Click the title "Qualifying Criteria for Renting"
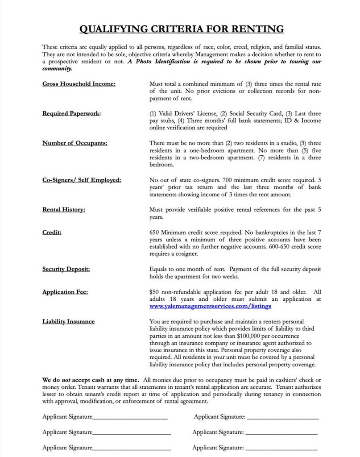(x=181, y=29)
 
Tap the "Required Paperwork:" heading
(x=71, y=113)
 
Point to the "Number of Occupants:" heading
(x=75, y=143)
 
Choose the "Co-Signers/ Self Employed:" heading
(x=82, y=180)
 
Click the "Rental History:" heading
(x=64, y=209)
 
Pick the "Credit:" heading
(x=52, y=233)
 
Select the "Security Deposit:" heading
(x=66, y=269)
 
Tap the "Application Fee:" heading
(x=65, y=292)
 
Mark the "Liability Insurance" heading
(x=68, y=321)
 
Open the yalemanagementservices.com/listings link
(x=211, y=306)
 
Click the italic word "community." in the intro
(x=57, y=69)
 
